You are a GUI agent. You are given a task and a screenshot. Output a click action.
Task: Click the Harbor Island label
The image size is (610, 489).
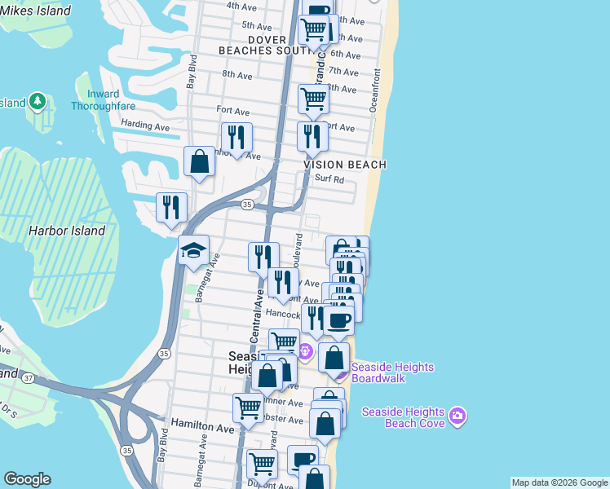67,231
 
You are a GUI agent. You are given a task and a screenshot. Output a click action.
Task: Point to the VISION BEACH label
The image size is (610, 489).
345,165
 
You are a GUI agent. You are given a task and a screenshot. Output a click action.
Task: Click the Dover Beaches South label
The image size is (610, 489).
263,45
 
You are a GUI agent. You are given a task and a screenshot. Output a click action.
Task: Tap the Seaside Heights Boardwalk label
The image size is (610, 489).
392,372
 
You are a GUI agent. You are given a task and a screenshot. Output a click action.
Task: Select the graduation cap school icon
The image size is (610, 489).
194,249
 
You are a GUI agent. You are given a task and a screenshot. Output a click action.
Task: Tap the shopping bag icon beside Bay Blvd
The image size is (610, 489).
199,161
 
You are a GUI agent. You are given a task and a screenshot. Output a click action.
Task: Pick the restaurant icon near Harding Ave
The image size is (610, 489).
236,137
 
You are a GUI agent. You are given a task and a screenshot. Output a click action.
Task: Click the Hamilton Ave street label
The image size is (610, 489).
202,426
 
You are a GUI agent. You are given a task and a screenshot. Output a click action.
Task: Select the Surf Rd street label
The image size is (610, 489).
329,179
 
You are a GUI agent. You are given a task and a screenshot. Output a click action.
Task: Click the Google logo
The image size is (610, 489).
26,479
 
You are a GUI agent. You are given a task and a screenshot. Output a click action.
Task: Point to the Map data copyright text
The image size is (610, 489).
558,482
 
